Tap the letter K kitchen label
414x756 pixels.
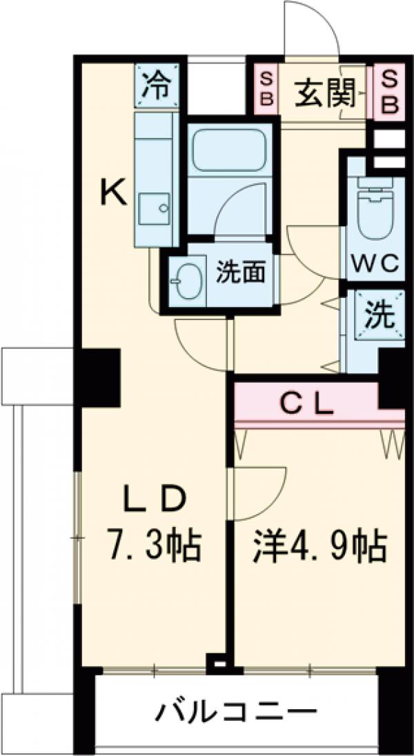(x=115, y=192)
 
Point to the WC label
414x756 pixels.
(x=375, y=264)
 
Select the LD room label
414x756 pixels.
(x=154, y=498)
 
